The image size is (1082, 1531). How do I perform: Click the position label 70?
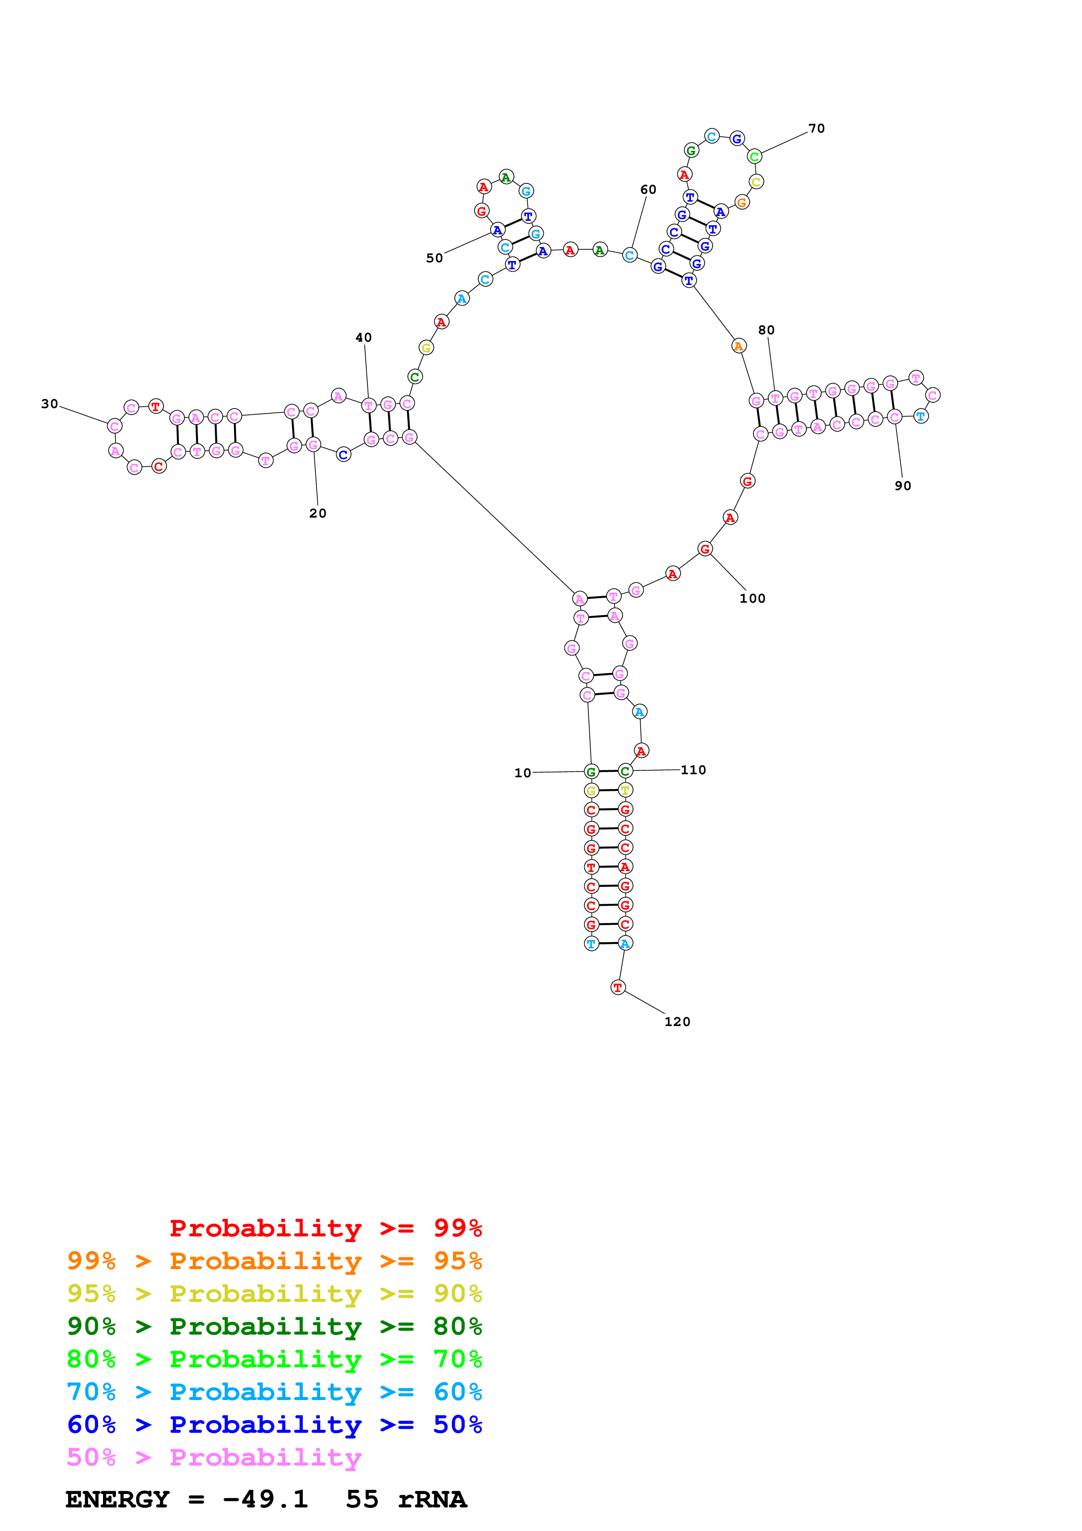[x=816, y=129]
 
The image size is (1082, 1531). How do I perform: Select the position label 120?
[x=677, y=1022]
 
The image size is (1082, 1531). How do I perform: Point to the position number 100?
[x=752, y=598]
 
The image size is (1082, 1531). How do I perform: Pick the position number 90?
[x=903, y=486]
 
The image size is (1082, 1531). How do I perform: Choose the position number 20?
[x=318, y=513]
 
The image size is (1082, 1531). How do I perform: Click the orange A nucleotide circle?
[x=738, y=346]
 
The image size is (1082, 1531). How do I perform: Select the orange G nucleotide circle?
[x=741, y=202]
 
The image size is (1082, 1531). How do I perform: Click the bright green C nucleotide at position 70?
[x=754, y=157]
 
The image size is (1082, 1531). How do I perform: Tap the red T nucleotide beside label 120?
[x=618, y=988]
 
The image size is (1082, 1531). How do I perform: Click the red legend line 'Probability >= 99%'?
[x=326, y=1228]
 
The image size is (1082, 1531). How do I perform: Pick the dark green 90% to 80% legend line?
[x=275, y=1326]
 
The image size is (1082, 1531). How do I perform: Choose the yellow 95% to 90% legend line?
[x=275, y=1294]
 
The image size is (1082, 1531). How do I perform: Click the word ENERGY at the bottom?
[x=117, y=1499]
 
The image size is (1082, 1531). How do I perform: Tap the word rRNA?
[x=432, y=1499]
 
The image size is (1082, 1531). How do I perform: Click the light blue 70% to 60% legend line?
[x=275, y=1392]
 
